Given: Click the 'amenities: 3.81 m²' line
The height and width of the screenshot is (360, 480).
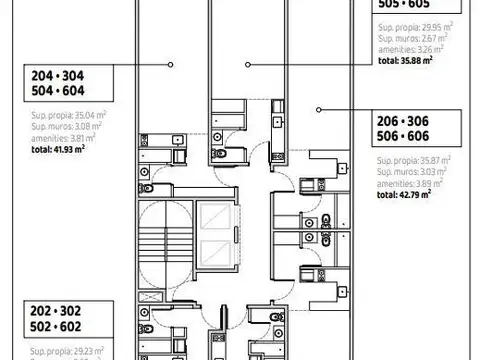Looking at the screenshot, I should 58,137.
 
